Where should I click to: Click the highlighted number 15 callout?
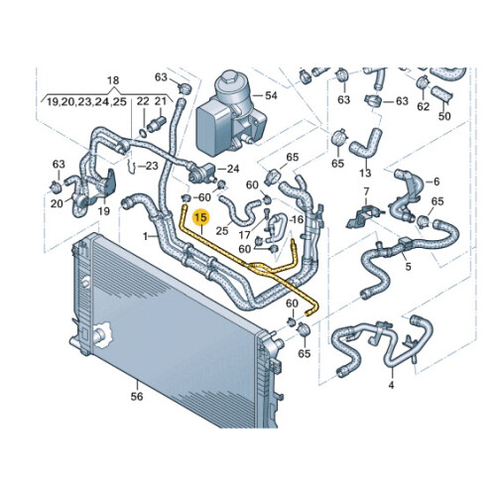201,218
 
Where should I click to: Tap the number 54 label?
271,96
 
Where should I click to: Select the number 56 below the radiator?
137,396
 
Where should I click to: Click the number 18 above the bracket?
113,80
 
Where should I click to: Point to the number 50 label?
444,116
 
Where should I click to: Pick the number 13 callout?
365,173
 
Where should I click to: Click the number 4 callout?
392,385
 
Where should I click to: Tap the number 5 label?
409,266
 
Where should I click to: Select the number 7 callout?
366,191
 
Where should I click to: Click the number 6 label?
436,182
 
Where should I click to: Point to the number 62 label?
424,106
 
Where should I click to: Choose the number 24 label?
233,169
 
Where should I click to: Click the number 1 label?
145,236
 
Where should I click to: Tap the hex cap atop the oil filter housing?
228,78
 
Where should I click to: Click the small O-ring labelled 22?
143,133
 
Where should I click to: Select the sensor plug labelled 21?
157,122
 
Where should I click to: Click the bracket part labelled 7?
364,215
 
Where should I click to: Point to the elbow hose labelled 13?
366,143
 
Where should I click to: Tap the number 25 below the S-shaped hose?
222,230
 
